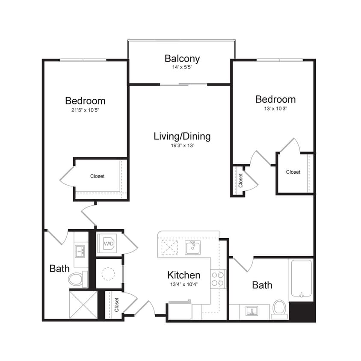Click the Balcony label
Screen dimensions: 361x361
click(x=182, y=59)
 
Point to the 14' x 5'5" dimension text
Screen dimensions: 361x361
click(x=182, y=67)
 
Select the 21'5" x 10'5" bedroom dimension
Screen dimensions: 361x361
click(x=85, y=110)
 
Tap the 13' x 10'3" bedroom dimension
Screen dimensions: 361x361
click(x=275, y=108)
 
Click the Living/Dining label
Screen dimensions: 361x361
click(x=182, y=136)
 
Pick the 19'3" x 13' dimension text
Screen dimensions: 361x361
click(x=182, y=145)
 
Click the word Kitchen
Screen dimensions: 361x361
click(x=183, y=275)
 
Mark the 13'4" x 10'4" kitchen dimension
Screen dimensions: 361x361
click(x=183, y=284)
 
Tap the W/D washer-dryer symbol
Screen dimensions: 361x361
click(x=108, y=243)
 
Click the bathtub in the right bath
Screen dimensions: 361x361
click(x=302, y=279)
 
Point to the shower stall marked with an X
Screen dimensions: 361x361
click(x=83, y=304)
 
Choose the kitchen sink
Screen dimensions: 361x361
click(x=193, y=247)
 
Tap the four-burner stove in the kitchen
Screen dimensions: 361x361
click(x=218, y=279)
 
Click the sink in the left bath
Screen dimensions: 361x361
click(x=80, y=251)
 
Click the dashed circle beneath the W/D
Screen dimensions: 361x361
click(x=109, y=273)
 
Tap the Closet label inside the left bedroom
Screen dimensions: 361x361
click(x=97, y=176)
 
